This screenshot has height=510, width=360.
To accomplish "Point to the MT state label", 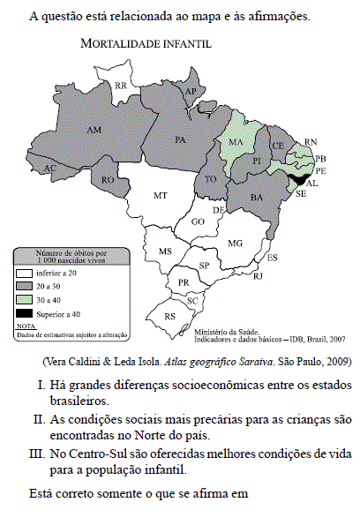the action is click(161, 194).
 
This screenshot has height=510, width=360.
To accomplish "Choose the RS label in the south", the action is click(170, 315).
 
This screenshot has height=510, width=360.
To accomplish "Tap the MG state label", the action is click(235, 242).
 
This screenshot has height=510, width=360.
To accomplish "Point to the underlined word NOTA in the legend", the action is click(26, 326).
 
